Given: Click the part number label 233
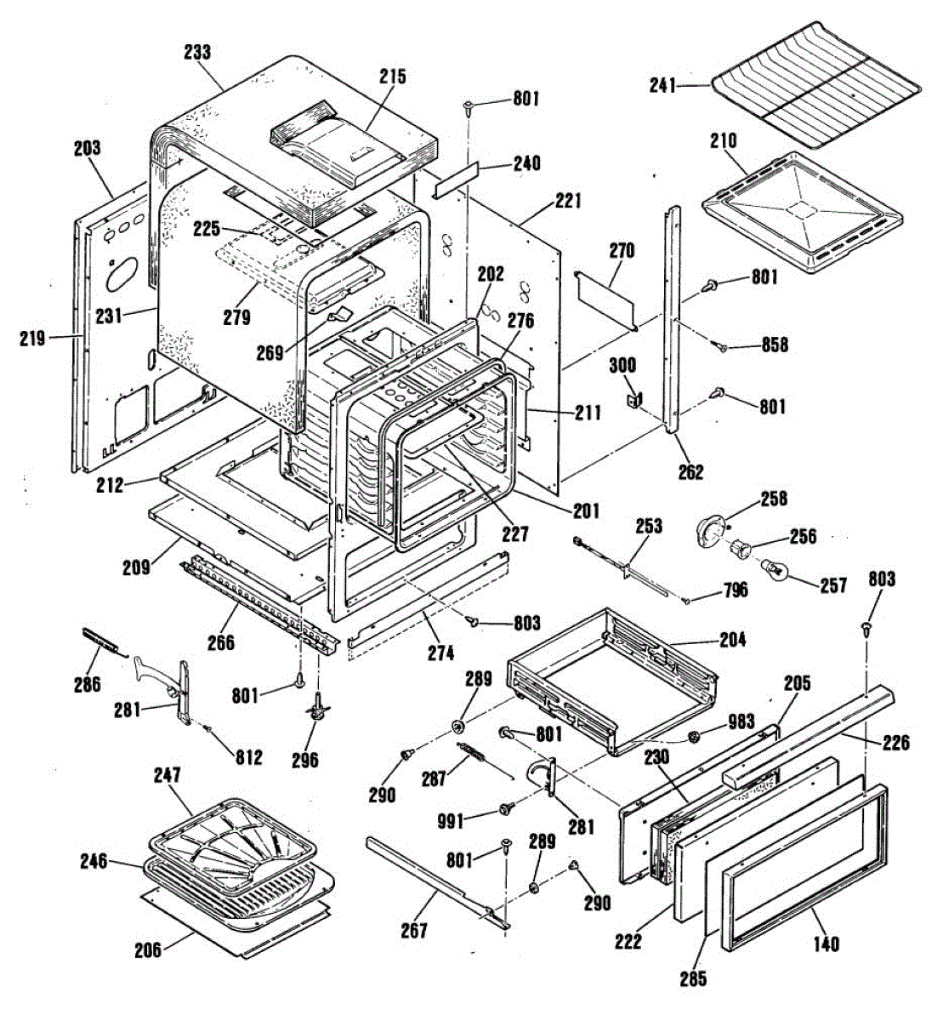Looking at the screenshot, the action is (x=198, y=52).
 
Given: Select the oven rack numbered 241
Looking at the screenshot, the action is (x=815, y=88).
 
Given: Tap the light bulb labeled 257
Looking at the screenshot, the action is (x=775, y=570).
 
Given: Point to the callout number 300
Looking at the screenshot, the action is (x=622, y=366).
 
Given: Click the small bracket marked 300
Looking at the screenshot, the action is (x=636, y=399).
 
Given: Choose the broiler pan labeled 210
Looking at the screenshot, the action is (x=802, y=212).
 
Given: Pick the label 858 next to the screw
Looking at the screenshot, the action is (x=774, y=345).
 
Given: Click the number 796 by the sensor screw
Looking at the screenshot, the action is (x=735, y=590).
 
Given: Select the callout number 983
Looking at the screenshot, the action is (x=741, y=722).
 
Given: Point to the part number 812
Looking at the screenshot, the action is (x=248, y=757).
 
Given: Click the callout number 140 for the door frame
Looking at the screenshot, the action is (x=827, y=944).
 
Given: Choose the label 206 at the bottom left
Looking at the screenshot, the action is (x=149, y=950).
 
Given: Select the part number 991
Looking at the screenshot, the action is (x=451, y=822).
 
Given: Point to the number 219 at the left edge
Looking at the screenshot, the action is (x=33, y=339).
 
